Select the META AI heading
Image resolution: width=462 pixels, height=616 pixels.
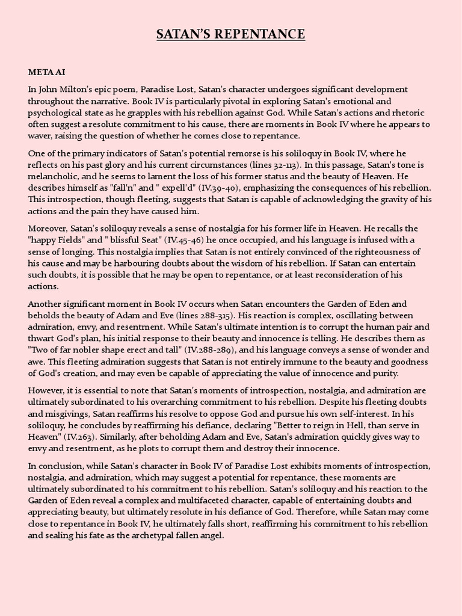pos(46,72)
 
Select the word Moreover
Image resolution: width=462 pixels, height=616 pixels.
pos(49,229)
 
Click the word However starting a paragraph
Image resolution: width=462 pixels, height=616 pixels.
pos(48,390)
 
